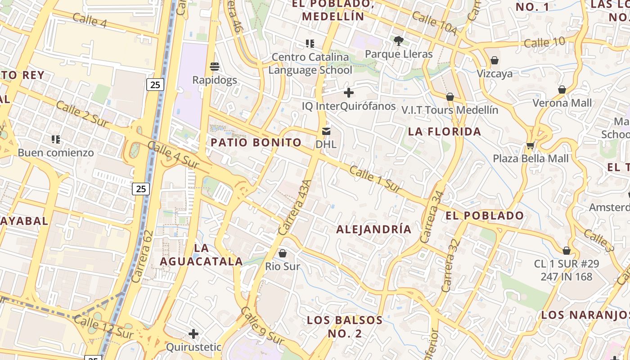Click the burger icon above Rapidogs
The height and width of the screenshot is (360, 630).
pos(215,67)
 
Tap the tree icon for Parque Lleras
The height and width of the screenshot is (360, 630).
pos(398,41)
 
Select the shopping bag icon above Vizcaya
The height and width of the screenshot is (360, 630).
pos(495,60)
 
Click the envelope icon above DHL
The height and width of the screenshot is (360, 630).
pos(326,131)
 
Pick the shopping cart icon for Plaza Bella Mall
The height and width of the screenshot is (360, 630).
pos(531,145)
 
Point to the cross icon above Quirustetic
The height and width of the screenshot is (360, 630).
pos(193,334)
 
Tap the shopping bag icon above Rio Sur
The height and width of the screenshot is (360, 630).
pos(283,253)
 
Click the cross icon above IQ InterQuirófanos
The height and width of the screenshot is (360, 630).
pos(349,93)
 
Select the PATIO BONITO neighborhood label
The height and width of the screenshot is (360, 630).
pos(256,143)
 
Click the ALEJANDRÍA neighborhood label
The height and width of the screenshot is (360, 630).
pos(374,229)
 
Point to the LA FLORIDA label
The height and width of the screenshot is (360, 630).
pos(445,132)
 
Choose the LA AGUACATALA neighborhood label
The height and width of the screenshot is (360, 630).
pos(202,255)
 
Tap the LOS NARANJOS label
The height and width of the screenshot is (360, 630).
pos(585,315)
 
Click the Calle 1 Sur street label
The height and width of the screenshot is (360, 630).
pos(375,180)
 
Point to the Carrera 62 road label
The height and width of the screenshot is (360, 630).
pos(144,256)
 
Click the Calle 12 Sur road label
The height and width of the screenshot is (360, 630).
pos(103,327)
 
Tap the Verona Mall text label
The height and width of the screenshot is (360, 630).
pos(562,103)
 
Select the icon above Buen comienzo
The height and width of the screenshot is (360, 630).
pos(56,139)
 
